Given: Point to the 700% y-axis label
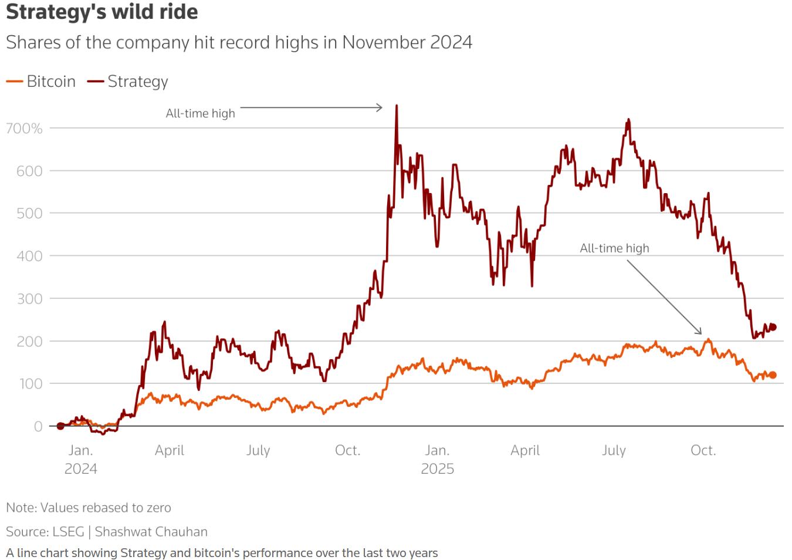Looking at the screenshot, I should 25,128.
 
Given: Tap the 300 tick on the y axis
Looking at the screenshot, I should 29,298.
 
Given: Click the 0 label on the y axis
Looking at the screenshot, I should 38,426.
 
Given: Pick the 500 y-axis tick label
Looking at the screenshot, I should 29,213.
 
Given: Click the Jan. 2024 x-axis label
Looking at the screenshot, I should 80,459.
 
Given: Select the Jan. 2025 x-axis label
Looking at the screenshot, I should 437,459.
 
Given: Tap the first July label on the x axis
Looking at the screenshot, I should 258,450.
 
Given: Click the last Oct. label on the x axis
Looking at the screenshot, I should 703,450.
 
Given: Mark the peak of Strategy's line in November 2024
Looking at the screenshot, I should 397,106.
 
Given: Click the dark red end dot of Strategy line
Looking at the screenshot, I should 773,327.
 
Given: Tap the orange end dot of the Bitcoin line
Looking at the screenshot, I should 773,375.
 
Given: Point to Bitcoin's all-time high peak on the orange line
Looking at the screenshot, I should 708,339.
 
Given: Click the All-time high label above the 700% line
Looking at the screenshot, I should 200,113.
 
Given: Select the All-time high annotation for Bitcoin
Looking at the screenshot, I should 614,248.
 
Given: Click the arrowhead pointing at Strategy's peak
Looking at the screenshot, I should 380,107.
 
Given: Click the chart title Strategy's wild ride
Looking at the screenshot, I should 102,12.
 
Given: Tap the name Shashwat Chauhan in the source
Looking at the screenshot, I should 151,532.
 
